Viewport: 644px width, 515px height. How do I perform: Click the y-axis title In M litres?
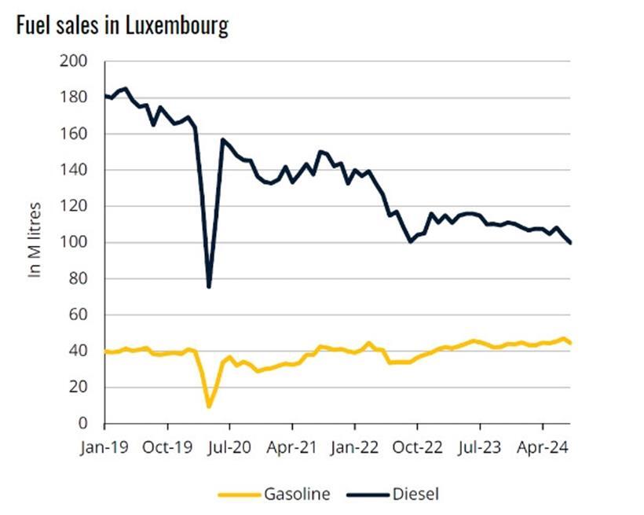pos(35,240)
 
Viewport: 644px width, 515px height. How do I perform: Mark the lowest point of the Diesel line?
pos(209,287)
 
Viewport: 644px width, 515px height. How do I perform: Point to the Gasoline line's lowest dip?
pos(209,406)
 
